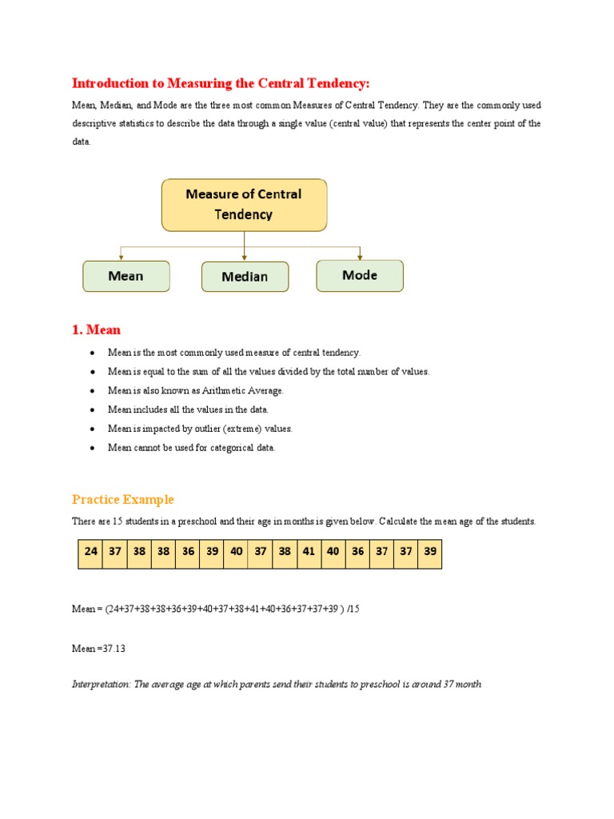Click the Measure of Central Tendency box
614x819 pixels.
coord(244,205)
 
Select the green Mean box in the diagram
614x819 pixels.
coord(126,276)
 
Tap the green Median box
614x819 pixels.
coord(245,277)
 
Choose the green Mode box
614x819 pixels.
coord(360,275)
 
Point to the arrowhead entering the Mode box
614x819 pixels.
coord(360,256)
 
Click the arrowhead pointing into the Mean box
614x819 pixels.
coord(121,257)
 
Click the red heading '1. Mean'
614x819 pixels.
coord(96,330)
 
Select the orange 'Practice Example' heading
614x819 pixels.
coord(122,500)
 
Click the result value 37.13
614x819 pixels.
coord(114,649)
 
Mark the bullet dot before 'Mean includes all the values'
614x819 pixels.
coord(94,409)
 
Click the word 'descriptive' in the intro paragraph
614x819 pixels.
coord(95,124)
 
